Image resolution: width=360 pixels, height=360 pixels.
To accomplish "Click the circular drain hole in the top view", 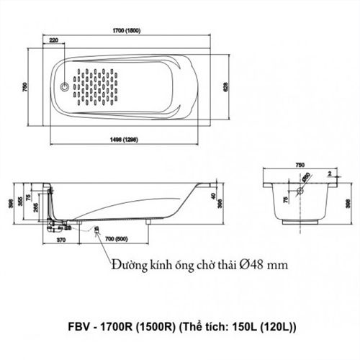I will tap(67, 88).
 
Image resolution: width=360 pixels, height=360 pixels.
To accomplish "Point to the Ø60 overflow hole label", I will tap(307, 177).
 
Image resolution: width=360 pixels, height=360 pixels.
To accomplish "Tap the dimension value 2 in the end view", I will tap(328, 174).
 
